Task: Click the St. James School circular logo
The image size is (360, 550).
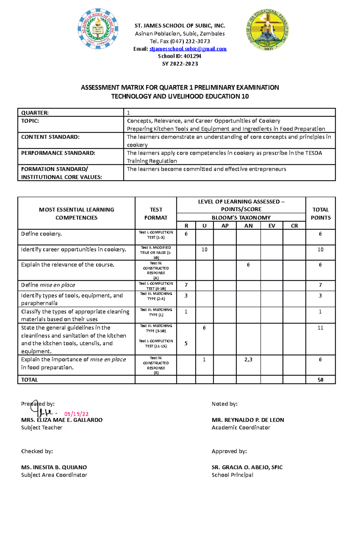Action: (98, 29)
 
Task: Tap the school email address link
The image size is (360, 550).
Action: (188, 49)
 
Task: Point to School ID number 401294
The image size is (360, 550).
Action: (192, 56)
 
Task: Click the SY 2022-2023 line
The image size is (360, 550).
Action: (180, 64)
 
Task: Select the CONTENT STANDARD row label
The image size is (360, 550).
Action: (50, 137)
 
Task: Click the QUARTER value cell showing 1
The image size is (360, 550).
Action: (128, 113)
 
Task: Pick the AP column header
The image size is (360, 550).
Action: (225, 226)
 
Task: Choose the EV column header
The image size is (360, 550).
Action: (271, 226)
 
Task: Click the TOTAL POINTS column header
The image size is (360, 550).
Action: (320, 213)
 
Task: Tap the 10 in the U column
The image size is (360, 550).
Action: (204, 249)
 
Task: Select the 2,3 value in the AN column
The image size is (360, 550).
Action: (248, 359)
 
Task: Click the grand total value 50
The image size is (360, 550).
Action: (320, 380)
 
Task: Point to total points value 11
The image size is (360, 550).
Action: (320, 328)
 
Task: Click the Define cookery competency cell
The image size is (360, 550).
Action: (41, 234)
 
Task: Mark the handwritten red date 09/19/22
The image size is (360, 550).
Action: (76, 414)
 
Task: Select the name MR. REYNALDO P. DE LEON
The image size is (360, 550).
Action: (248, 420)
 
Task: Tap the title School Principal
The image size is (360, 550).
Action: (232, 475)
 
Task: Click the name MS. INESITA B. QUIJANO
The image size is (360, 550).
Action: (54, 467)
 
